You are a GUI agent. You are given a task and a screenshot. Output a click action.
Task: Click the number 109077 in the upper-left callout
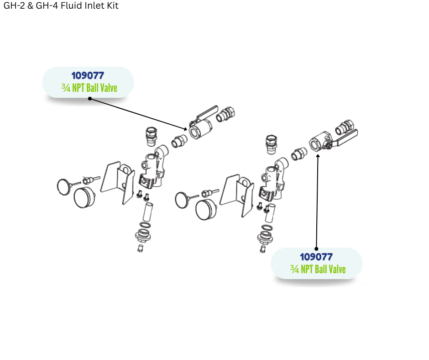click(x=88, y=75)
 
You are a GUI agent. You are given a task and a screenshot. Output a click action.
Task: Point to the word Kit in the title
click(x=112, y=6)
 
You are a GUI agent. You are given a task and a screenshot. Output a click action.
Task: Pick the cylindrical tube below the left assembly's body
click(x=148, y=212)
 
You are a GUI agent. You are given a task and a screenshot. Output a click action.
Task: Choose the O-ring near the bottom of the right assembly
click(x=267, y=228)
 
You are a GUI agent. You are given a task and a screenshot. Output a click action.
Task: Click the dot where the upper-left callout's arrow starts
click(x=89, y=98)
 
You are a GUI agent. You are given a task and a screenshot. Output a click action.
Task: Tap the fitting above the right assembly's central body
click(x=271, y=143)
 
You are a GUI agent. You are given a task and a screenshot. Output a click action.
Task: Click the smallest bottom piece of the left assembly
click(x=141, y=248)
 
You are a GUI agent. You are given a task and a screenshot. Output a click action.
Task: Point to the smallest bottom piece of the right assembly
click(x=262, y=249)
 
